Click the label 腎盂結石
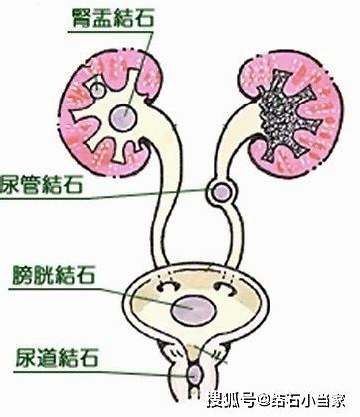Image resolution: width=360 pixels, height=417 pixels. point(112,17)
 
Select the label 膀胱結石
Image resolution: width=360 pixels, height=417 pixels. point(55,275)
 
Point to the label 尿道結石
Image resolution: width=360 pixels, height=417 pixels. point(58,357)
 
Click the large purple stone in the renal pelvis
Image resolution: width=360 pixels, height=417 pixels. point(122,118)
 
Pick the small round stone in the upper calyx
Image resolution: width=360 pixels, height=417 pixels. point(97,90)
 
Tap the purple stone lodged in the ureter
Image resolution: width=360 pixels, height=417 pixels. point(221,192)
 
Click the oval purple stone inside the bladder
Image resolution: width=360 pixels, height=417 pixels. point(193,310)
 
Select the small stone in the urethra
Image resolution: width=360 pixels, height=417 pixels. point(194,374)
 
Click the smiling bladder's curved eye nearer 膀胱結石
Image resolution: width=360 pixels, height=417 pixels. point(168,286)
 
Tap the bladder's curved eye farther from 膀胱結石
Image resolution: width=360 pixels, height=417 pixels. point(226,288)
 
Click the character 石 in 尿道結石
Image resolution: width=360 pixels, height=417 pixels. point(89,357)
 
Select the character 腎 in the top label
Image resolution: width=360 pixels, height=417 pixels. point(82,17)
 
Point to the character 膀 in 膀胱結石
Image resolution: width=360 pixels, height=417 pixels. point(23,275)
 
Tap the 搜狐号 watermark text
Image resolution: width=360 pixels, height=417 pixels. point(232,401)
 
